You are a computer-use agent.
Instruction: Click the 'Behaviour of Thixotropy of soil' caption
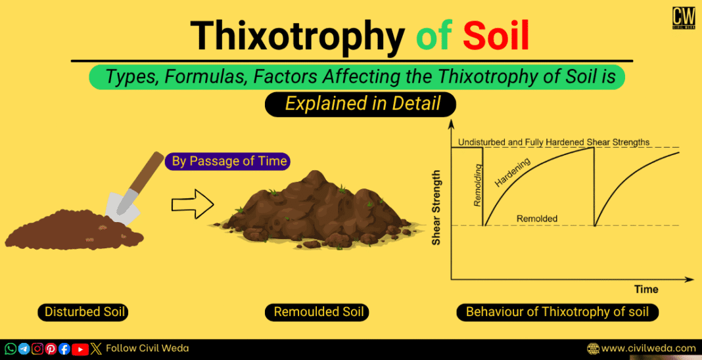(557, 312)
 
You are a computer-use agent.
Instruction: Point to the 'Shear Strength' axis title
(436, 208)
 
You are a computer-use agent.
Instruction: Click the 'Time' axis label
(645, 290)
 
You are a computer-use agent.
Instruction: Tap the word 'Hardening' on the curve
(513, 172)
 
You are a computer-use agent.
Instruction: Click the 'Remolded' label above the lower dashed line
(536, 219)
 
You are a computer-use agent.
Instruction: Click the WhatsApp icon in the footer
(11, 349)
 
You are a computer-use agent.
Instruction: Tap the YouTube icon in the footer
(80, 349)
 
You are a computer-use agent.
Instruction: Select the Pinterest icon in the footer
(51, 349)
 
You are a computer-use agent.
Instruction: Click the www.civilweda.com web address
(648, 349)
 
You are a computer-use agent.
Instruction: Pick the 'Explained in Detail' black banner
(360, 104)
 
